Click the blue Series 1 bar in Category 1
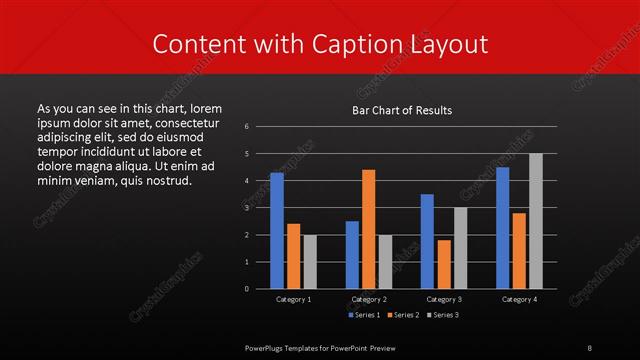pos(277,231)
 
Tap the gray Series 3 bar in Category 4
pos(535,221)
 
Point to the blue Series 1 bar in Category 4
pos(502,228)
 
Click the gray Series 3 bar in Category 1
pos(309,262)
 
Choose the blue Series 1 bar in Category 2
pos(352,255)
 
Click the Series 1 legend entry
pos(362,315)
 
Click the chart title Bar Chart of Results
pos(402,110)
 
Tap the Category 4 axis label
pos(518,299)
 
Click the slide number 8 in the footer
pos(590,346)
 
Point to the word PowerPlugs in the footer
pos(268,346)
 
